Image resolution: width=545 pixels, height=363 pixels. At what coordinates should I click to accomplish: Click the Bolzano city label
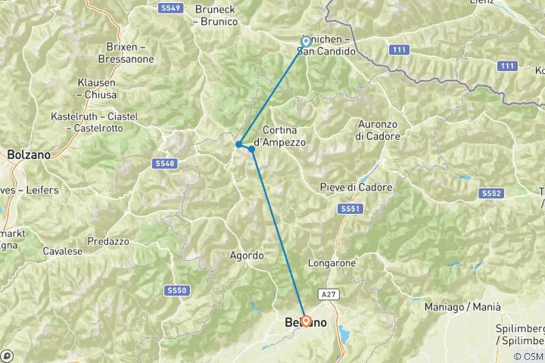29,154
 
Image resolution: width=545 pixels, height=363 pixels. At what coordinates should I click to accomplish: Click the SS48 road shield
164,163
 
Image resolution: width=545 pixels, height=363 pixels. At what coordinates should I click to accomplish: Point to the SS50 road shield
176,290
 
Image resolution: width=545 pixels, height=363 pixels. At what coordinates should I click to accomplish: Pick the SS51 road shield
349,209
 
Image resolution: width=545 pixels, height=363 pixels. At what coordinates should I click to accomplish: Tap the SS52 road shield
490,194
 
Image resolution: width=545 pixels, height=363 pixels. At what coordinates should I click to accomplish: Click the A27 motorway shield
328,293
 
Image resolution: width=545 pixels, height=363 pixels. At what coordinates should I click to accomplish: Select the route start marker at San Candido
307,42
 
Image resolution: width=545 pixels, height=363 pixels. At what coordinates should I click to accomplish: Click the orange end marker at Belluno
305,321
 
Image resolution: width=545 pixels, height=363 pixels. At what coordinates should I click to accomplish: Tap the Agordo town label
247,256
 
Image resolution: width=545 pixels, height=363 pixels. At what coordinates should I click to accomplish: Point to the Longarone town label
332,263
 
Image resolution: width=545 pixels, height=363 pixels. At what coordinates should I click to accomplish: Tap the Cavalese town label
63,250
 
